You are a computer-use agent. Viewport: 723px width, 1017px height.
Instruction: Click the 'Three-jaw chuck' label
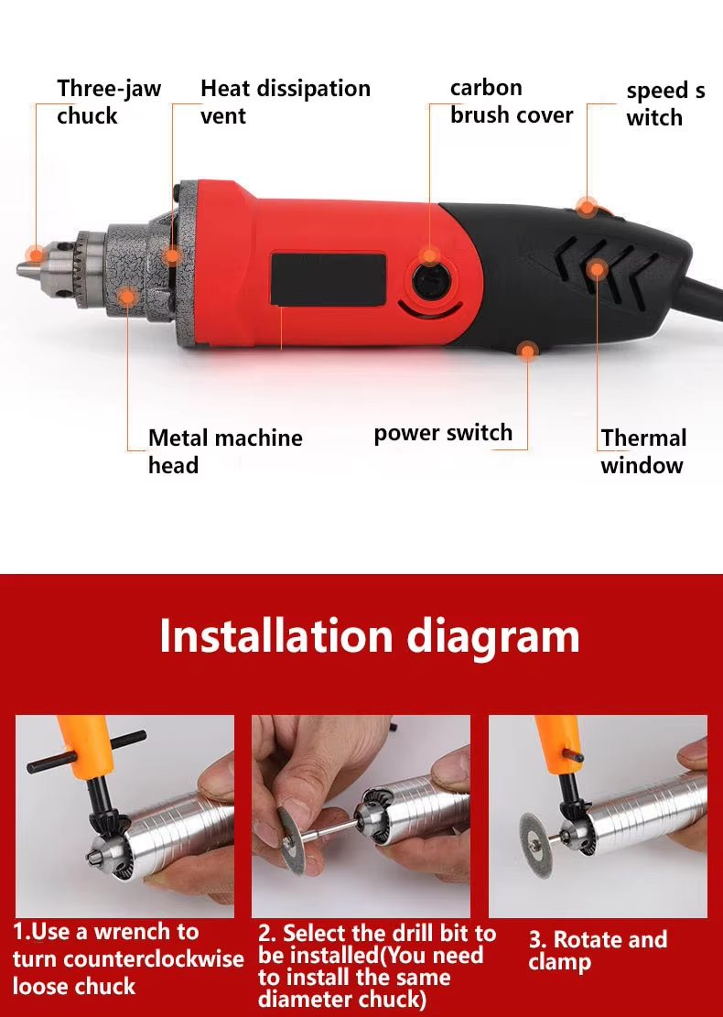[109, 102]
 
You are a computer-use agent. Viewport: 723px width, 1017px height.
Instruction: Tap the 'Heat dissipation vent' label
[285, 102]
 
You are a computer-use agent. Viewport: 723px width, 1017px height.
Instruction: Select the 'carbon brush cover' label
[511, 102]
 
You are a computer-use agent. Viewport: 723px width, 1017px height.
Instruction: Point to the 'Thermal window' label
[642, 451]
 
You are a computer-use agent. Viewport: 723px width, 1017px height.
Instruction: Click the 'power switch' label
[443, 433]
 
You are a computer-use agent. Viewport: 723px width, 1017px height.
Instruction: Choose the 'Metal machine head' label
[225, 451]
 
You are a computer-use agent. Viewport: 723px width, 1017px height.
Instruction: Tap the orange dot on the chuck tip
[36, 254]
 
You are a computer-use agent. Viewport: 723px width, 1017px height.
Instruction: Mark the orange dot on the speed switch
[586, 205]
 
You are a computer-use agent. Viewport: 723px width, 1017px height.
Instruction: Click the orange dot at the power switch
[527, 351]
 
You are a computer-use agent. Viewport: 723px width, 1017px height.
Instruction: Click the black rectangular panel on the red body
[328, 278]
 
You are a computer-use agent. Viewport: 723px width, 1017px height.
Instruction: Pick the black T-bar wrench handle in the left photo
[87, 752]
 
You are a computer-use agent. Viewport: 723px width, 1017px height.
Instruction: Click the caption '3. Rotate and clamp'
[598, 950]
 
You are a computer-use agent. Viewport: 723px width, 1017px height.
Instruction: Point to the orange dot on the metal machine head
[127, 296]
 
